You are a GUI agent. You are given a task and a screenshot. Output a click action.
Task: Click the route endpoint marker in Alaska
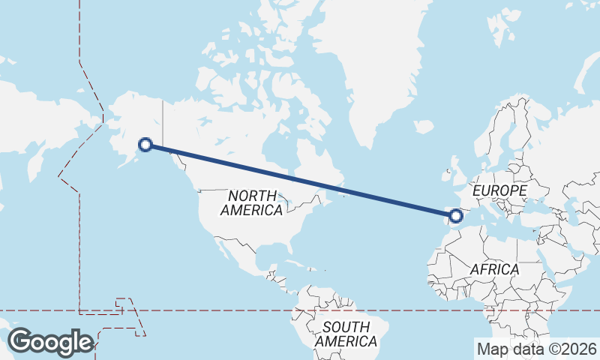146,145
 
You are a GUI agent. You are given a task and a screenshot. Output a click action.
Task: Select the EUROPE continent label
499,191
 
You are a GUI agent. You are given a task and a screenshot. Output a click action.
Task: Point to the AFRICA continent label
493,269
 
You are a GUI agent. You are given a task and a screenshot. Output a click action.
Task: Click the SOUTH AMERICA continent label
346,334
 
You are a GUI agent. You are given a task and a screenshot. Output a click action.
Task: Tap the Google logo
50,342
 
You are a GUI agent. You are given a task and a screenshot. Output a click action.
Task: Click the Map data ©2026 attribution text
537,349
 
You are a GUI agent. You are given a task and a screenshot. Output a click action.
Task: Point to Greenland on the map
367,67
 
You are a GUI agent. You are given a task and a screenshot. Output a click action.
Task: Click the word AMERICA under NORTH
251,211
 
